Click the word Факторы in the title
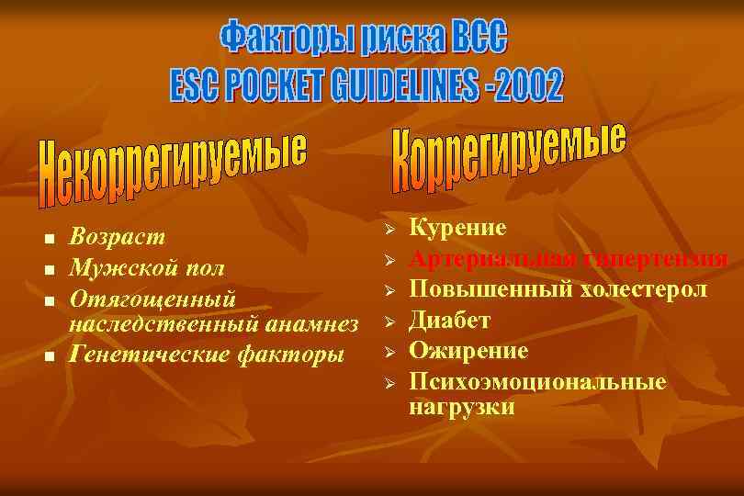tap(286, 39)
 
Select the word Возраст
tap(118, 237)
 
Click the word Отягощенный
tap(152, 299)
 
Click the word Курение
tap(457, 228)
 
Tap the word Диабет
tap(449, 321)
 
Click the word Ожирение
tap(468, 351)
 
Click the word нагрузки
tap(461, 407)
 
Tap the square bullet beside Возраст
tap(50, 239)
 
